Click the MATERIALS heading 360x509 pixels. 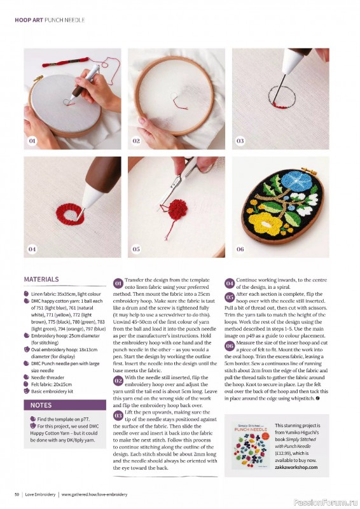(x=41, y=279)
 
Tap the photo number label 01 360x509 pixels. (x=32, y=141)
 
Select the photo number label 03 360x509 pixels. (x=240, y=141)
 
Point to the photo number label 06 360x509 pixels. (x=240, y=249)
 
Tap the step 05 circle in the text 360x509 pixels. (x=230, y=296)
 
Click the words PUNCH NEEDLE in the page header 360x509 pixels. (x=66, y=20)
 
